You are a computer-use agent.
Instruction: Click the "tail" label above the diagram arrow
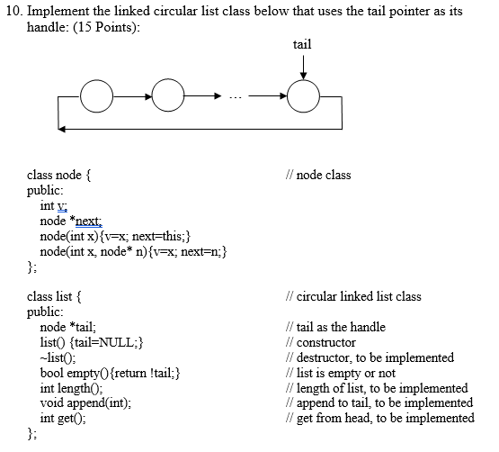click(303, 43)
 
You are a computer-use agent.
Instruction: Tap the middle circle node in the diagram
click(167, 93)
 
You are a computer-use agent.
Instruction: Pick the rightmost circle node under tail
click(303, 93)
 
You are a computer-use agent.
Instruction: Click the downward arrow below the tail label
click(303, 65)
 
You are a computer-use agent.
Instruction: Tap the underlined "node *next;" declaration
click(71, 221)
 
